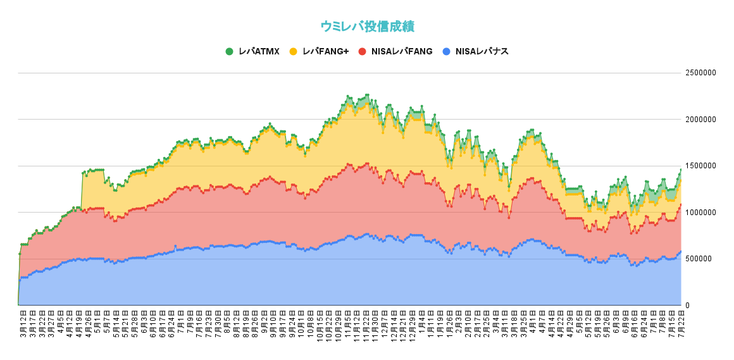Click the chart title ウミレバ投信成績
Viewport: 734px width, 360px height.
click(x=367, y=26)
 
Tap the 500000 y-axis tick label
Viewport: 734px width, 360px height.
click(x=700, y=259)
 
